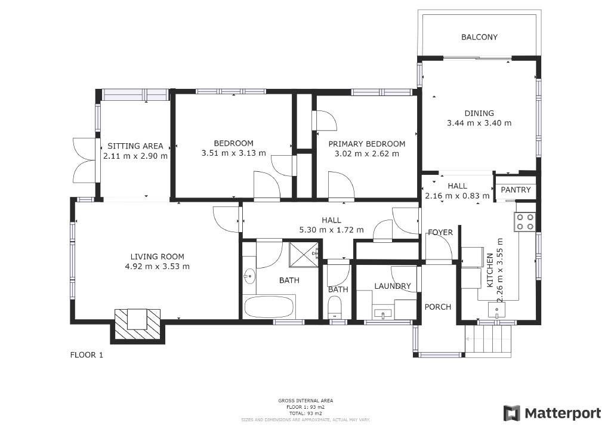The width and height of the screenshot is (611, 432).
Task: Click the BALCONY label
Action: click(x=479, y=37)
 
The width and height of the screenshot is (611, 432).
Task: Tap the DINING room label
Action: click(x=479, y=113)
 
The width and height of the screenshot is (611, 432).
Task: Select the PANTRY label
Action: click(x=516, y=190)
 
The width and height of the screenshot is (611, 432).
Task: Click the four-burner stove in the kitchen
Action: click(x=524, y=222)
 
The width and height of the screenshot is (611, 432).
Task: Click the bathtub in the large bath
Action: click(x=269, y=307)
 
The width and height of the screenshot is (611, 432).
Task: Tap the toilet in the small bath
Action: click(x=335, y=307)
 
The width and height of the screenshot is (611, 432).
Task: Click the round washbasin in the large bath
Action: click(x=249, y=277)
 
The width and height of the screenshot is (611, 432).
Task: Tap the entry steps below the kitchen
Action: click(x=488, y=341)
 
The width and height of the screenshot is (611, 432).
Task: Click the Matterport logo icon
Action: click(x=511, y=414)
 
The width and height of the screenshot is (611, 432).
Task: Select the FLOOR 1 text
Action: click(x=87, y=355)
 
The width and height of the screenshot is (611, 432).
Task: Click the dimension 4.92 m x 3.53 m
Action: click(x=157, y=267)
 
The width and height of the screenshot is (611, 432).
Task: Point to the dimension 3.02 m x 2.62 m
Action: click(x=367, y=153)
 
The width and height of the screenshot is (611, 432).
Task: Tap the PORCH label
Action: click(x=437, y=307)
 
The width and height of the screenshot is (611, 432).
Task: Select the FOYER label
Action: click(x=440, y=233)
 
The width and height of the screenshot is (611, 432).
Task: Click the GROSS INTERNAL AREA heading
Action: click(x=305, y=400)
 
